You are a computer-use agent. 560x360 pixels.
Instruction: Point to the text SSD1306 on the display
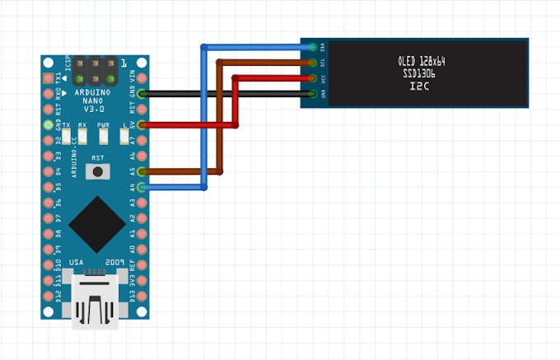coord(421,73)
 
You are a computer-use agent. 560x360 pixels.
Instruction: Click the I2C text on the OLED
coord(421,86)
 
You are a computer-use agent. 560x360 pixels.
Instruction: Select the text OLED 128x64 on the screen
coord(421,60)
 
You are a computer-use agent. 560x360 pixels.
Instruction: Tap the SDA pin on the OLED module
coord(311,47)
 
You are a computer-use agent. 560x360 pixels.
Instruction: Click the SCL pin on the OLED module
coord(311,63)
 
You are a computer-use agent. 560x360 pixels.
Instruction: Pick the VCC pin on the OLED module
coord(311,78)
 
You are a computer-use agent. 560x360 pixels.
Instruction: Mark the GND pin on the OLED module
coord(311,94)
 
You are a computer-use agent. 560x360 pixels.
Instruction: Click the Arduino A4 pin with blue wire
coord(142,188)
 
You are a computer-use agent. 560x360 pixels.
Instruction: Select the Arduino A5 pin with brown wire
coord(142,171)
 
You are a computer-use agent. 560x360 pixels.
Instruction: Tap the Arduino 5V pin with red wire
coord(142,125)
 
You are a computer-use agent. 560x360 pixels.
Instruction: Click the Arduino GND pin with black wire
coord(142,94)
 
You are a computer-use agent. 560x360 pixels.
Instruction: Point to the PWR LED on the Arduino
coord(103,137)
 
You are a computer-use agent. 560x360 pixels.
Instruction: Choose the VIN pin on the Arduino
coord(142,78)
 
